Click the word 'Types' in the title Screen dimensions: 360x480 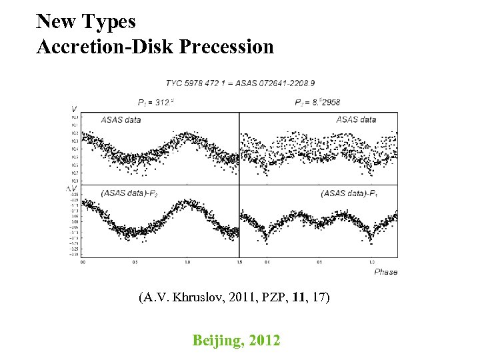coord(111,21)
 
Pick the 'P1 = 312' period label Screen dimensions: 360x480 coord(155,103)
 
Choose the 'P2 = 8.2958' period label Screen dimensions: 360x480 coord(317,103)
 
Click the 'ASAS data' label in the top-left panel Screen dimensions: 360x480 coord(121,120)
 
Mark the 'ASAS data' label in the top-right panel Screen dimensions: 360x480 coord(355,120)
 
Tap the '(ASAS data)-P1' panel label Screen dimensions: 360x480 coord(349,193)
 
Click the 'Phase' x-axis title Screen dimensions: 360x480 coord(385,272)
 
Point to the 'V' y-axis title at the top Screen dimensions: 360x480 coord(73,109)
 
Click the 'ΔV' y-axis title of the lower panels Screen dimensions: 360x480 coord(71,189)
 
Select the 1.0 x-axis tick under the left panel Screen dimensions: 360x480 coord(187,262)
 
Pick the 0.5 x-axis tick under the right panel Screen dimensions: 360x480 coord(319,262)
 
